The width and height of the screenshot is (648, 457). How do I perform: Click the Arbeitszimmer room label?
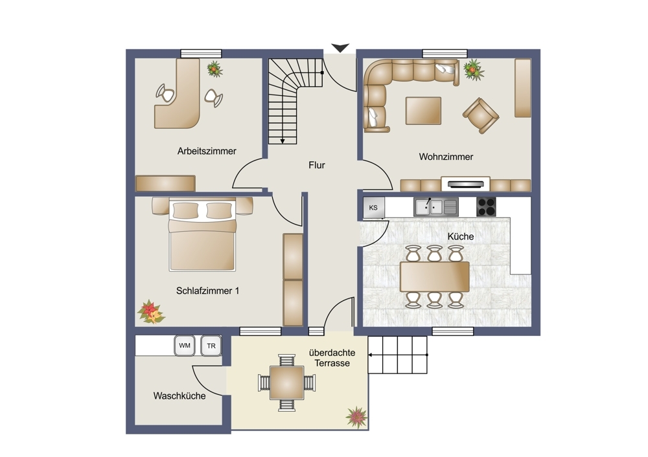coord(207,151)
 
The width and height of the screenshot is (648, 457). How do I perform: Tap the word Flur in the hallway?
coord(317,165)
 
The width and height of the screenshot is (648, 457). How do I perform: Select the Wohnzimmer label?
coord(446,157)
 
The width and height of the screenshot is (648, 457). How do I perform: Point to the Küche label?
coord(460,236)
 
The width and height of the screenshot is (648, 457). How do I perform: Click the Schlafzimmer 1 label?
coord(207,291)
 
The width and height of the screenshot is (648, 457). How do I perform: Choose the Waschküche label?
coord(179,396)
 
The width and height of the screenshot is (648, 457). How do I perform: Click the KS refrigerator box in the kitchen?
coord(374,208)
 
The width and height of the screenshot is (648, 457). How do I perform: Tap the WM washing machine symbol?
coord(185,346)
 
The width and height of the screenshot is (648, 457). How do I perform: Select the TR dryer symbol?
coord(211,346)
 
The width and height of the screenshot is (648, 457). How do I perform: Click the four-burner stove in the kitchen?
coord(486,207)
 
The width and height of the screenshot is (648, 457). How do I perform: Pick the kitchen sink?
coord(436,207)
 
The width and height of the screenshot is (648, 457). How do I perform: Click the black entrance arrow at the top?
coord(340,48)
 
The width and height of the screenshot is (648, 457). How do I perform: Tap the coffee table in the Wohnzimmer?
coord(423,111)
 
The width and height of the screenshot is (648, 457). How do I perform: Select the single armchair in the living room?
coord(480,115)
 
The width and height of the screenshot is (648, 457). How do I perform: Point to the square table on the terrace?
coord(287,383)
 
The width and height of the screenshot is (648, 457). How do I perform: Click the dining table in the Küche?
coord(434,276)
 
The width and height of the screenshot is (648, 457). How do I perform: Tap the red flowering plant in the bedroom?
coord(151,312)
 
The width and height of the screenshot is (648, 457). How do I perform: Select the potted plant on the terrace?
coord(356,417)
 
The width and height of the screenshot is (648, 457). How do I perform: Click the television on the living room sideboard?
coord(466,184)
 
